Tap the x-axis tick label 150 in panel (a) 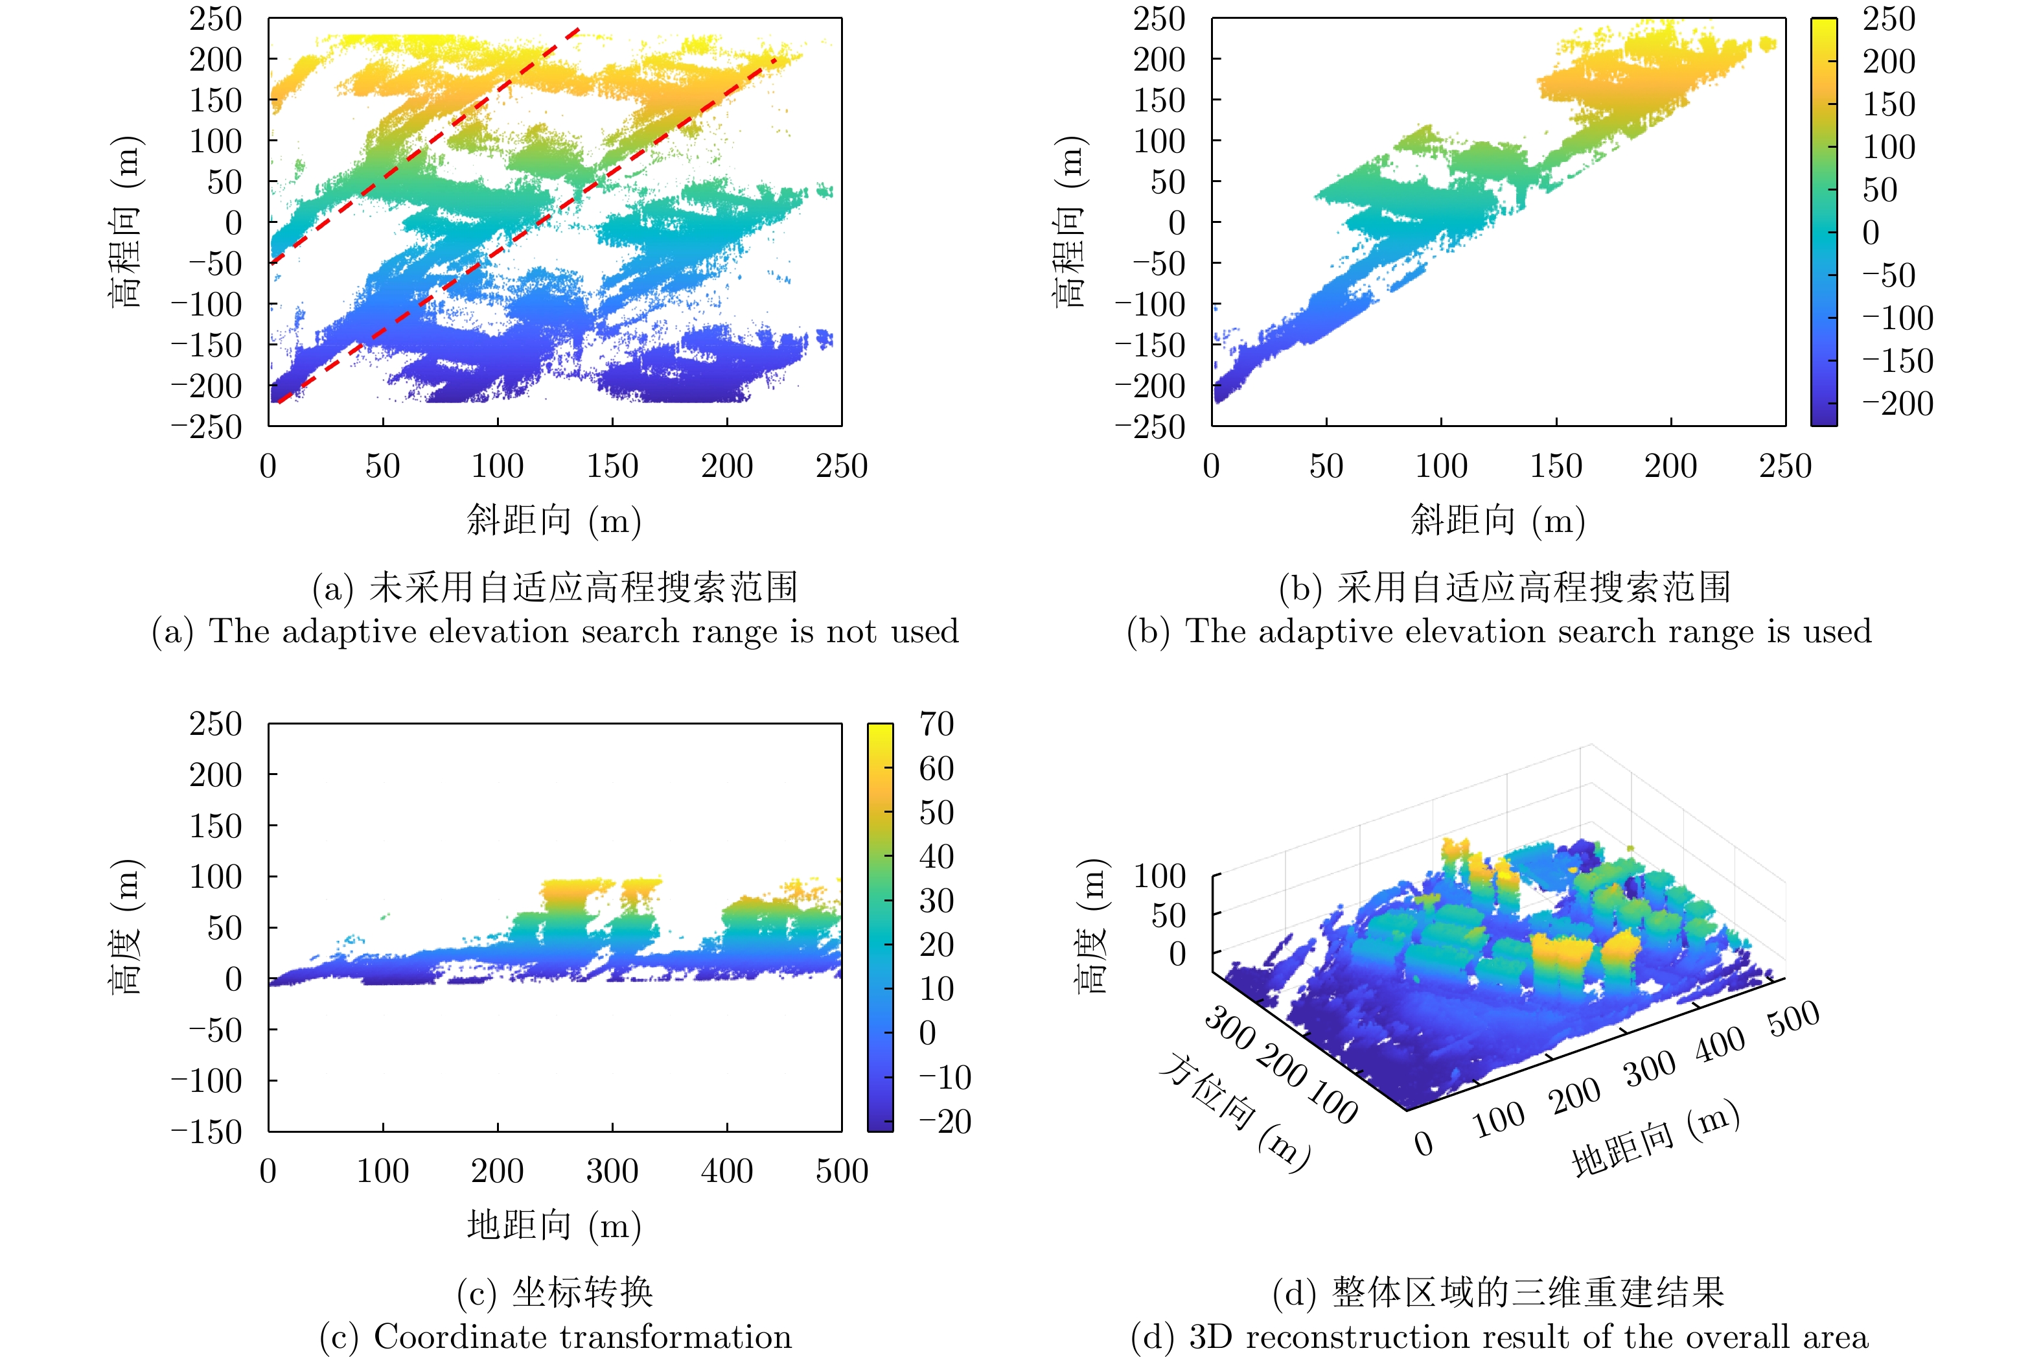[x=612, y=467]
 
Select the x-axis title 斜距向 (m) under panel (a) [x=554, y=521]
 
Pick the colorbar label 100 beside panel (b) [x=1889, y=147]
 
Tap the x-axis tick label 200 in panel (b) [x=1670, y=467]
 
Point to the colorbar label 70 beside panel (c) [x=936, y=723]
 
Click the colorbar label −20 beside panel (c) [x=945, y=1122]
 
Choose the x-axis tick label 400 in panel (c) [x=727, y=1171]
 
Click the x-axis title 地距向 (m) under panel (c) [x=554, y=1225]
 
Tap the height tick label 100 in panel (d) [x=1159, y=876]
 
